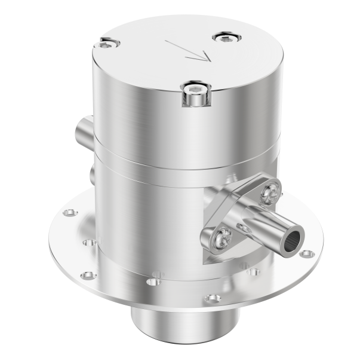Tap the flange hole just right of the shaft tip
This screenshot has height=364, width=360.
(306, 255)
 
